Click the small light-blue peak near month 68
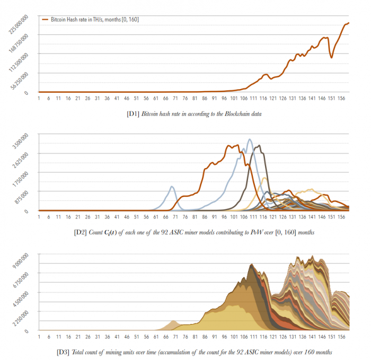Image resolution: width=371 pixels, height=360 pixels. [x=172, y=187]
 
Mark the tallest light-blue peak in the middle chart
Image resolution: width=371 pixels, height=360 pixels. [x=250, y=139]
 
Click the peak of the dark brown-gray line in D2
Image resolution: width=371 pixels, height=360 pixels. [x=258, y=145]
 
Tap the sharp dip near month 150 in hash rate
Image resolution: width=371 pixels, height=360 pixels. [x=332, y=57]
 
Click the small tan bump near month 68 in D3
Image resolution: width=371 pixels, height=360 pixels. [x=172, y=321]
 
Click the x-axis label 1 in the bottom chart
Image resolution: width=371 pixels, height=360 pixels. [x=39, y=336]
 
